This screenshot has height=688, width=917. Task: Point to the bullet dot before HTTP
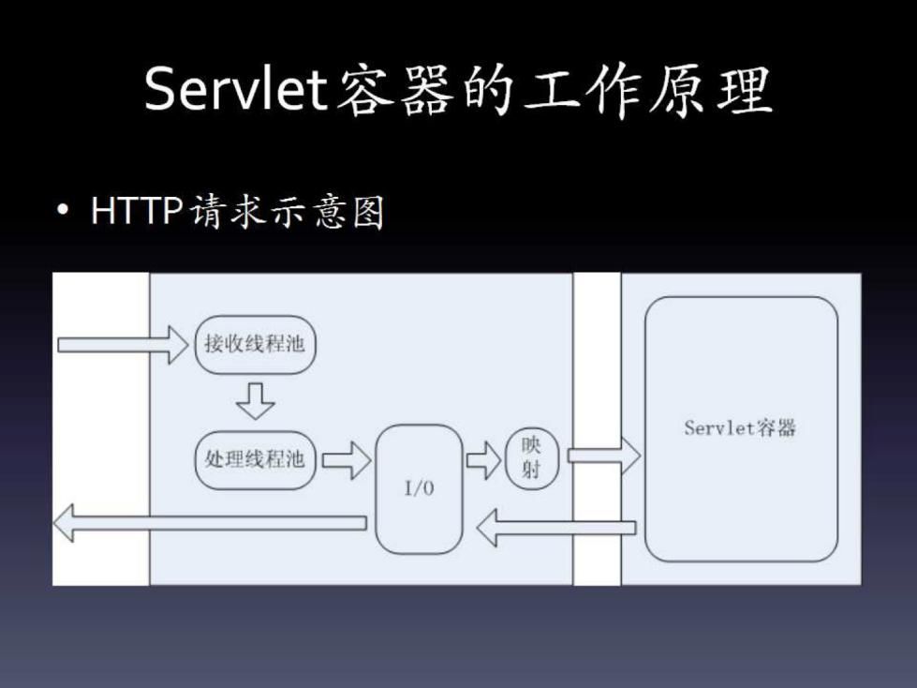pos(63,214)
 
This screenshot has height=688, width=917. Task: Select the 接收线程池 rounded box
pos(255,344)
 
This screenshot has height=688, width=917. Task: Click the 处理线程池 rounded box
pos(255,459)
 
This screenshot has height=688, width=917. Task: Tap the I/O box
pos(419,488)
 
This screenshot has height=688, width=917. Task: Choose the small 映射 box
pos(531,458)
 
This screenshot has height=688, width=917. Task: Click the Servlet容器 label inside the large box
pos(740,428)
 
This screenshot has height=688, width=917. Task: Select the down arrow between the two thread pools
pos(255,400)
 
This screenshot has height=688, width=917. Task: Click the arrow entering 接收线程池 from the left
pos(122,344)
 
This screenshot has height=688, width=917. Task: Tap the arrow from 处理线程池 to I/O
pos(346,460)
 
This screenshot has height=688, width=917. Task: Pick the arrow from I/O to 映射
pos(483,459)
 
